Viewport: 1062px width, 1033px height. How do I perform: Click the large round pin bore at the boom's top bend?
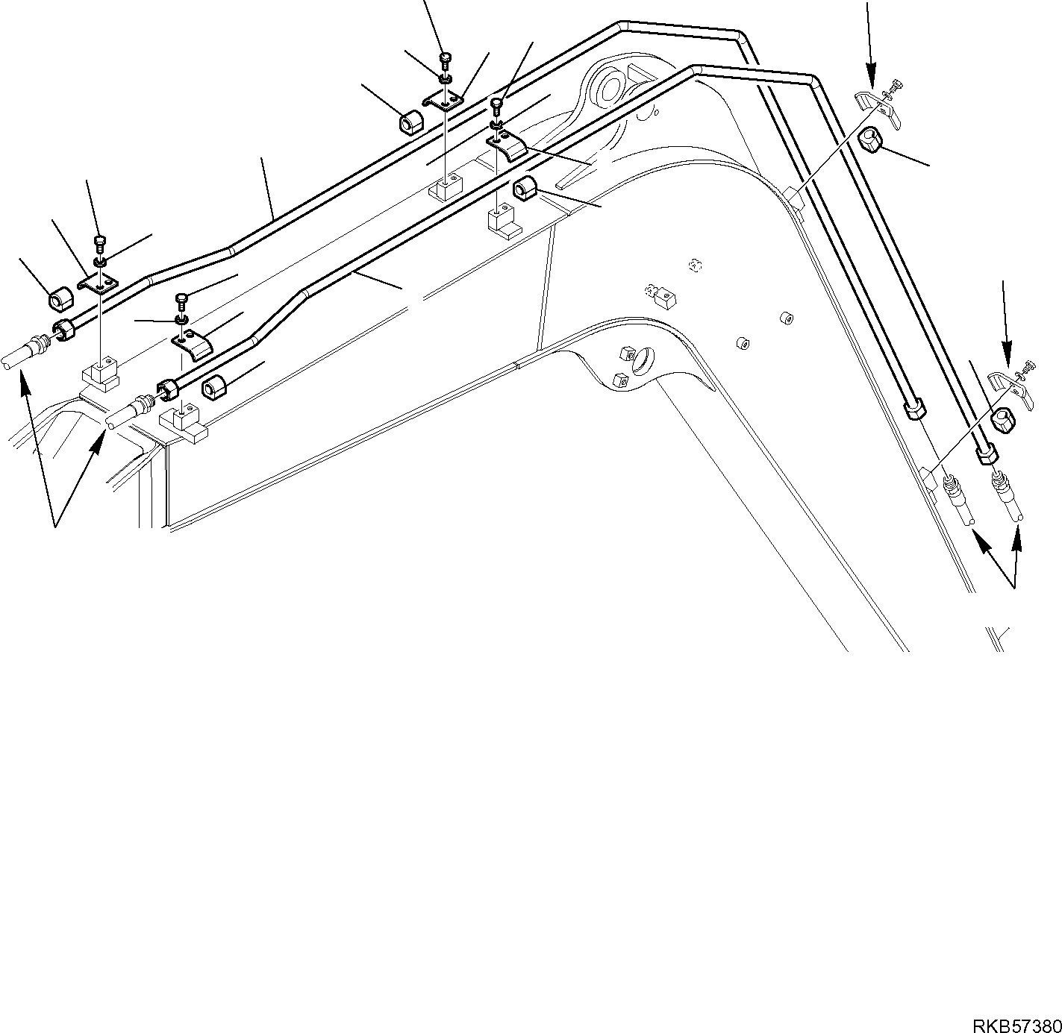point(608,84)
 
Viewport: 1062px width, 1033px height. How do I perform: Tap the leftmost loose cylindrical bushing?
point(60,300)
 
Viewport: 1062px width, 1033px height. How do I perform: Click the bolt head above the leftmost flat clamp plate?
point(99,242)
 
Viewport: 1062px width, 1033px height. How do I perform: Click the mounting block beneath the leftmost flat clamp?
point(99,371)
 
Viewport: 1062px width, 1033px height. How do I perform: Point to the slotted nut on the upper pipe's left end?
point(65,329)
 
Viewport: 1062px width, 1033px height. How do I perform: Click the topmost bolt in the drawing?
point(446,57)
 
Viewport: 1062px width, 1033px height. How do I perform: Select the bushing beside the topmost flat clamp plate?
point(410,122)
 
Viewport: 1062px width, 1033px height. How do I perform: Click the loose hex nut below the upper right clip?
point(870,139)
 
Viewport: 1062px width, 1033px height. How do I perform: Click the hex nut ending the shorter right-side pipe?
point(914,410)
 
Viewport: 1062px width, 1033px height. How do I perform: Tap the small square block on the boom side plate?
point(664,300)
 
